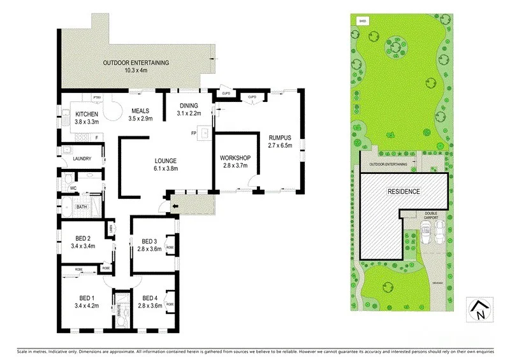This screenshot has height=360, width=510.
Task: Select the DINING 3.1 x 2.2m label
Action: click(x=189, y=109)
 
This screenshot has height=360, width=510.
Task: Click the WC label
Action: click(x=74, y=188)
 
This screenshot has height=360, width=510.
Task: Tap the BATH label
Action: click(x=82, y=206)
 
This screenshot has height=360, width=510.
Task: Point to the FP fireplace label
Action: click(x=193, y=133)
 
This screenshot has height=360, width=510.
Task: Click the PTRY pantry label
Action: click(x=98, y=97)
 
